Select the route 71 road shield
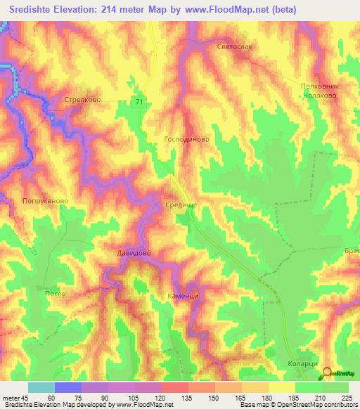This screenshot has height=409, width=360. pos(140,103)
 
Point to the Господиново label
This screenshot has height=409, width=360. pos(186,139)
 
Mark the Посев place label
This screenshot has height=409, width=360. pos(55,293)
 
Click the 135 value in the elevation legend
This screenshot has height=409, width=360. pos(189,397)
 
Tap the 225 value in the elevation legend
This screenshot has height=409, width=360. pos(348,397)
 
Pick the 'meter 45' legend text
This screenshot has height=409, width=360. pos(15,397)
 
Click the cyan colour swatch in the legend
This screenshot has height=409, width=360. pos(41,387)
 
